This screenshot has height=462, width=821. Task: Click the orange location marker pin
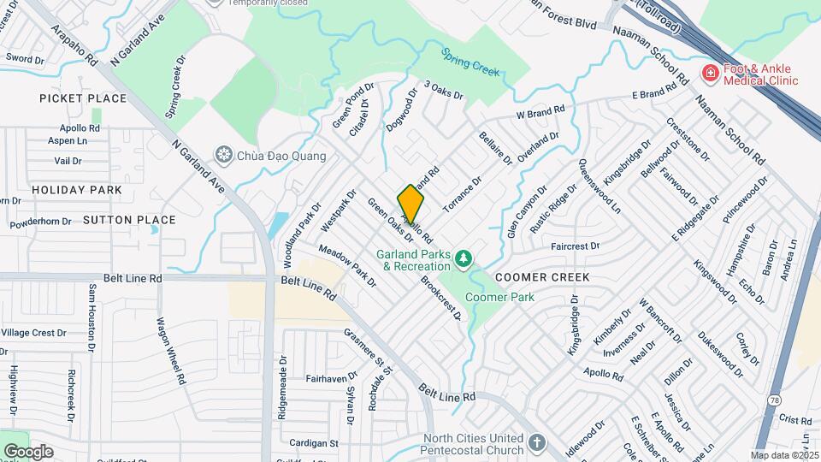[410, 205]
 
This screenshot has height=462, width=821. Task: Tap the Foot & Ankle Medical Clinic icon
[709, 74]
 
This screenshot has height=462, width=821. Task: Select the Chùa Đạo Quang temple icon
[225, 155]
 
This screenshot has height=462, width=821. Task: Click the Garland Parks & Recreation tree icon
[464, 258]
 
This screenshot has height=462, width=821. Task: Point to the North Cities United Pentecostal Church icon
[536, 442]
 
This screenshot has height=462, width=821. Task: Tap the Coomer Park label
[499, 297]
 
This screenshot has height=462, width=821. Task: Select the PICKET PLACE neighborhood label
[83, 98]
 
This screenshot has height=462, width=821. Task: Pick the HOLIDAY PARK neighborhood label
[66, 188]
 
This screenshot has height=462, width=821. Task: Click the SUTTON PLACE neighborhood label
[130, 220]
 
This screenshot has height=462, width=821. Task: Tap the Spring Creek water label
[470, 62]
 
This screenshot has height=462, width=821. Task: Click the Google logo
[27, 451]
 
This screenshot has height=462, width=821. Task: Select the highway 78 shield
[773, 400]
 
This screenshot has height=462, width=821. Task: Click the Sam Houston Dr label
[91, 317]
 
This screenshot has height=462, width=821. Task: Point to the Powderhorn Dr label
[40, 222]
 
